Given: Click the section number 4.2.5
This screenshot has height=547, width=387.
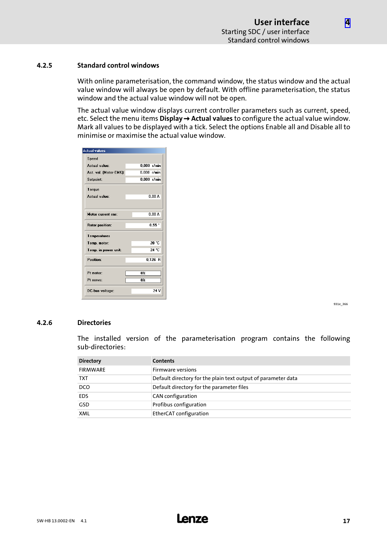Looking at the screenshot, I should click(44, 66).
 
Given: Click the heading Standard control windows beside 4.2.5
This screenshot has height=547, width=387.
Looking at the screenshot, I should click(118, 66).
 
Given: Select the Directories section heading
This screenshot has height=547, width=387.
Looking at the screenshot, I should click(94, 323).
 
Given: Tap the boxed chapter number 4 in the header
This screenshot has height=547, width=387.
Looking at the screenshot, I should click(348, 23).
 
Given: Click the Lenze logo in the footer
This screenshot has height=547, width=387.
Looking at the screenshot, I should click(192, 519).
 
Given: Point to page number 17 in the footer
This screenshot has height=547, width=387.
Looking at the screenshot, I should click(346, 521).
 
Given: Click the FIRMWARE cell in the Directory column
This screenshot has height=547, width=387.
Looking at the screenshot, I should click(92, 370).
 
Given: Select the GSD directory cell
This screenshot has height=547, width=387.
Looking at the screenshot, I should click(84, 405).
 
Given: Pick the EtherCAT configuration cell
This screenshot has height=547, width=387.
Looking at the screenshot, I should click(181, 414).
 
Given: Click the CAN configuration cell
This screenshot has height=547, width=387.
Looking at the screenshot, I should click(174, 396).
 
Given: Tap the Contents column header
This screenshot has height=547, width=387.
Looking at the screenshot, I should click(163, 361).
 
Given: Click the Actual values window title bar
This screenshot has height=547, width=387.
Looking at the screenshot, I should click(124, 151).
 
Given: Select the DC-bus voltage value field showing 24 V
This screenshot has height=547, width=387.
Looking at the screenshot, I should click(146, 291).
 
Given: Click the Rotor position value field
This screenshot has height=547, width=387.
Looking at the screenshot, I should click(143, 225).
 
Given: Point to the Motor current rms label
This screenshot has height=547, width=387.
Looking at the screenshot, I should click(102, 214).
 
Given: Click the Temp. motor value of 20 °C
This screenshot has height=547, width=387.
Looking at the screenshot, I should click(146, 243).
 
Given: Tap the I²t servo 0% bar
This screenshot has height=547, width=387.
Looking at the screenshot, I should click(143, 280).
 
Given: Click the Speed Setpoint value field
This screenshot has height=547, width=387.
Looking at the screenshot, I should click(143, 179).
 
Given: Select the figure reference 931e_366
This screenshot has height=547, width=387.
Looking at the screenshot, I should click(340, 304).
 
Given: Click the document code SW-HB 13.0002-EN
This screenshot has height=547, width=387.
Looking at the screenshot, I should click(56, 521).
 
